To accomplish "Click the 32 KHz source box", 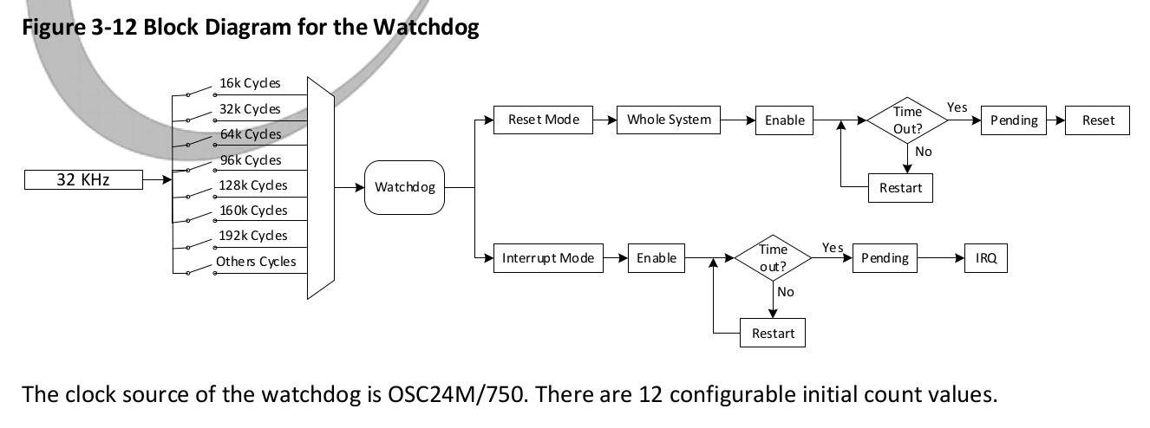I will [82, 180].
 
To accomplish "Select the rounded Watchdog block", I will [404, 186].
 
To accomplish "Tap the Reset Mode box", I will [543, 120].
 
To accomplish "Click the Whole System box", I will [669, 120].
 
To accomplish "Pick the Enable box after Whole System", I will [784, 120].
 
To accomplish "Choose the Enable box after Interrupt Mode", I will [656, 258].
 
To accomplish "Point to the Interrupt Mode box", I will [548, 258].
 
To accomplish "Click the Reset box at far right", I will [1098, 120].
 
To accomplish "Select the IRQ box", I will [986, 258].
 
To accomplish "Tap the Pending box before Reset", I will [1013, 120].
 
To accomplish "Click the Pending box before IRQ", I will [885, 258].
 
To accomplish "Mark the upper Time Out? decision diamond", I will [907, 120].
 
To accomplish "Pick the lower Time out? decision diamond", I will [772, 258].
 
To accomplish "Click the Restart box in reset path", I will [900, 188].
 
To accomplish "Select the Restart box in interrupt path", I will [773, 334].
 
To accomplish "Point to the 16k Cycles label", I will [250, 83].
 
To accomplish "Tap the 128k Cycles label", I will [252, 185].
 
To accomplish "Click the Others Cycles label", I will [255, 262].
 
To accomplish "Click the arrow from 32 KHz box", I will [156, 180].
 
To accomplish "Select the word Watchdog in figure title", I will [426, 27].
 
